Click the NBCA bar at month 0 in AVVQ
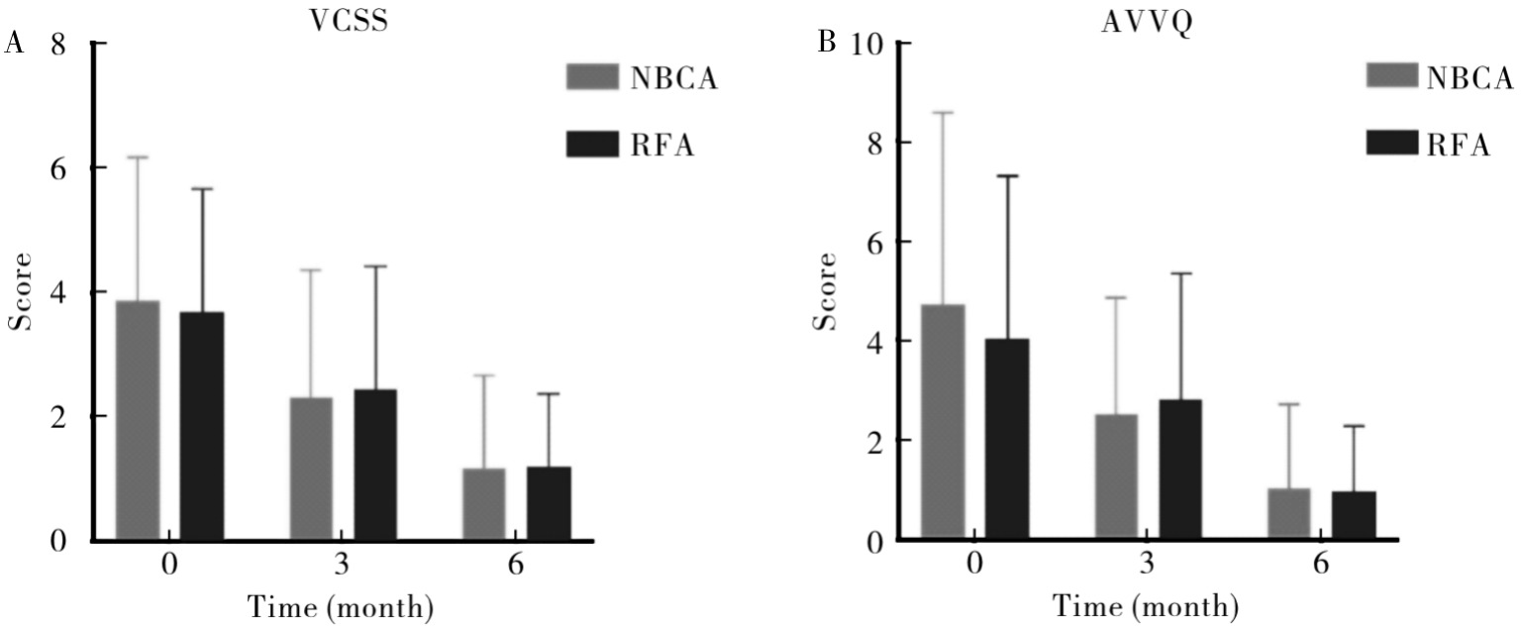942,421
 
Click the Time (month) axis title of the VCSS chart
339,605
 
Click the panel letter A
15,43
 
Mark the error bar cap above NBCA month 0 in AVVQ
942,113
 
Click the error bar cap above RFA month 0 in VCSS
202,188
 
